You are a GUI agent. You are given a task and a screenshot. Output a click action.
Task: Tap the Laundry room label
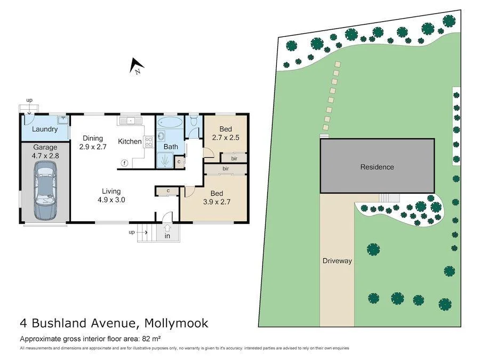45,130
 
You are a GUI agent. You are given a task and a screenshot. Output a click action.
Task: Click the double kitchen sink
129,121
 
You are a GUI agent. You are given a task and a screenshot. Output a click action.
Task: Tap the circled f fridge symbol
124,163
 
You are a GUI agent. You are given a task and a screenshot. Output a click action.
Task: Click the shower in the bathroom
166,158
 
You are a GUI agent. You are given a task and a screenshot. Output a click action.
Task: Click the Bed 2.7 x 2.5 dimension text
226,138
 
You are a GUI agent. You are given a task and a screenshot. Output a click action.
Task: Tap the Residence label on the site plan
377,167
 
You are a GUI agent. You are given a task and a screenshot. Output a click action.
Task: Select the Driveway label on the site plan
337,261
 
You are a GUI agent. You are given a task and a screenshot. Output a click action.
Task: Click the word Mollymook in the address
175,323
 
